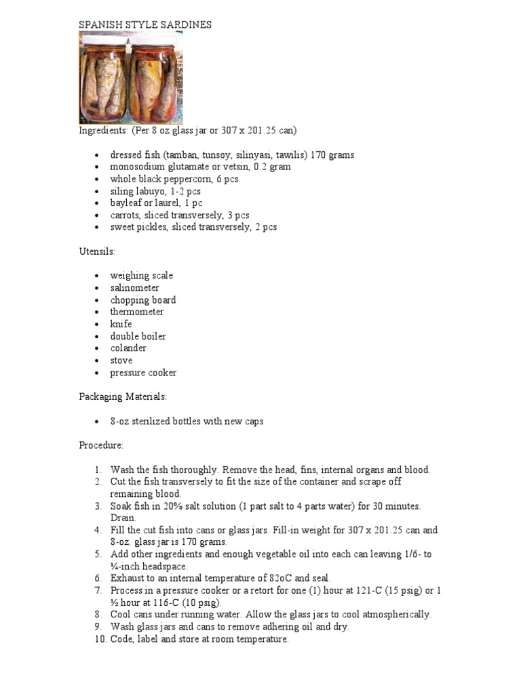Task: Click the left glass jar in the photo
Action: click(x=104, y=79)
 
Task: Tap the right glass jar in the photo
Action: click(x=155, y=79)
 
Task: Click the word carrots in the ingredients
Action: click(x=126, y=215)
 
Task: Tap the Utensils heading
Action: click(x=97, y=251)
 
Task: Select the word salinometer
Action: click(x=135, y=288)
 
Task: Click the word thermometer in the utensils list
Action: click(x=137, y=312)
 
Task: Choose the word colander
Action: click(x=128, y=348)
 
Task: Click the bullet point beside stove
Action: click(x=98, y=361)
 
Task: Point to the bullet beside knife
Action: click(x=98, y=324)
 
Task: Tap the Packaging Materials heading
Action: click(x=123, y=396)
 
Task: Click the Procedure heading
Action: click(x=101, y=445)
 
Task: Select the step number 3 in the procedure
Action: click(x=98, y=506)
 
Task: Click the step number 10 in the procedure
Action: click(x=99, y=639)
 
